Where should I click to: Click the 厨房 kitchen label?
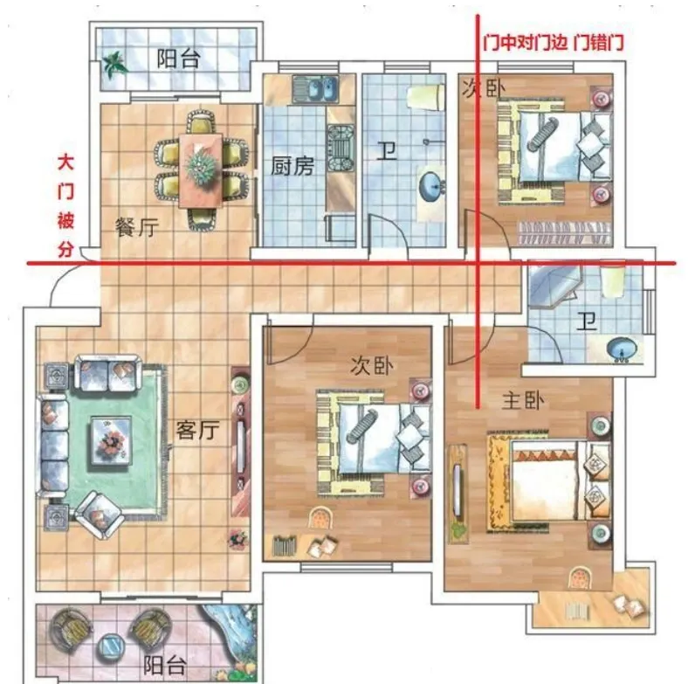(292, 166)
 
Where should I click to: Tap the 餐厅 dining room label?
(136, 227)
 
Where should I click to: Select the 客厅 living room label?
(197, 430)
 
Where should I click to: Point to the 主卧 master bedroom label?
(523, 400)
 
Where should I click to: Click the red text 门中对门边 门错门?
(554, 43)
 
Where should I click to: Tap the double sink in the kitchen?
(316, 89)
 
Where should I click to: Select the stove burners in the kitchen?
(341, 148)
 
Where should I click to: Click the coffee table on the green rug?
(111, 439)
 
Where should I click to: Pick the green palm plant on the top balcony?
(115, 65)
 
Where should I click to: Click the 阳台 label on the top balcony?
(179, 59)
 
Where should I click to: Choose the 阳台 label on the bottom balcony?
(164, 665)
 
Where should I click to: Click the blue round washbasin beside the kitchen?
(433, 186)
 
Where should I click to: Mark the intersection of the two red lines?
(478, 264)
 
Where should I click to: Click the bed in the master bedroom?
(549, 482)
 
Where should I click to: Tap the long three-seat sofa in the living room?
(53, 446)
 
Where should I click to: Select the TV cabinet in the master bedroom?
(458, 494)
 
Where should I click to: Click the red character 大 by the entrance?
(65, 162)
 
